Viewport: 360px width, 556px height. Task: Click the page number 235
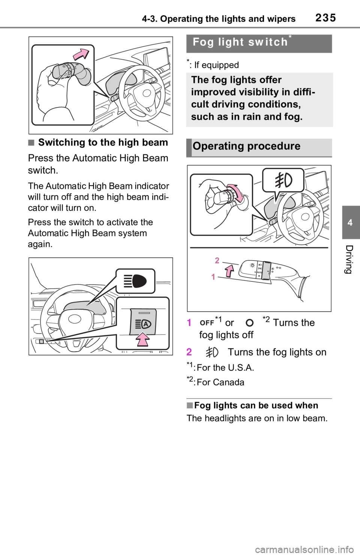(326, 18)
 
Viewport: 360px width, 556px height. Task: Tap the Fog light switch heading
(240, 42)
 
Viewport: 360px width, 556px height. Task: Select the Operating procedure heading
(246, 146)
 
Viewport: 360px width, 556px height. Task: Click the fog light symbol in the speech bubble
(283, 180)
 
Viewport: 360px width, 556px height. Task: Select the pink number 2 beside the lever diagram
(217, 260)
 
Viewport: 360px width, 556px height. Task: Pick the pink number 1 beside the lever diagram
(213, 277)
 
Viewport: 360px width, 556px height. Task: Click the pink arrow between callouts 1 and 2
(229, 271)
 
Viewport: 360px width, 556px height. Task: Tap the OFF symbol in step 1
(207, 323)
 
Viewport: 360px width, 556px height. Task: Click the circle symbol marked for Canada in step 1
(250, 323)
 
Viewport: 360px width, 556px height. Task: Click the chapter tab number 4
(350, 223)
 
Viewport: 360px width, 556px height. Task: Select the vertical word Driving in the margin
(350, 259)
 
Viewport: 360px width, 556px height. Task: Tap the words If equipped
(216, 65)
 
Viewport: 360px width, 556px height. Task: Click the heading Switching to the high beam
(103, 142)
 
